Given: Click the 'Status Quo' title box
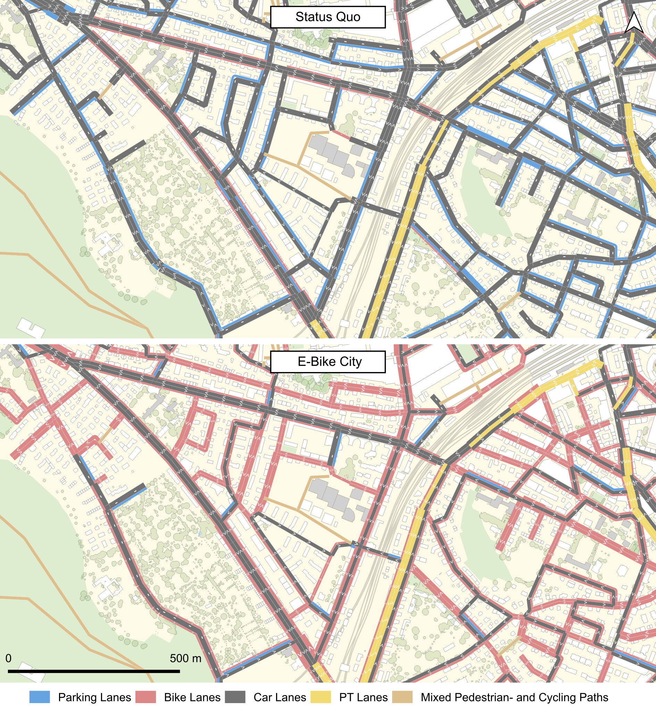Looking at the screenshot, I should (327, 17).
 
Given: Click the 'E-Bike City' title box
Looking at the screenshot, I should (327, 362).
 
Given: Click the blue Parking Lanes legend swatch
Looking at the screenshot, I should (39, 697).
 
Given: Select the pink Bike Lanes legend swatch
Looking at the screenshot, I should (146, 697).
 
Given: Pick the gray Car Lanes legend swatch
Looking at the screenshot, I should (235, 697).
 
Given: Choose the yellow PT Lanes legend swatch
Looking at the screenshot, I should (321, 697).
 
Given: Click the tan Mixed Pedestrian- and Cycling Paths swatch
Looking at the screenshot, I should (402, 697).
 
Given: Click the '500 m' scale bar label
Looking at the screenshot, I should (185, 658).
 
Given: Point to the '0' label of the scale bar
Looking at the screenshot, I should (9, 658).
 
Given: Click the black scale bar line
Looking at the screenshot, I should (94, 671).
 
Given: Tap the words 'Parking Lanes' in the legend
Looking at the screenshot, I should (94, 697).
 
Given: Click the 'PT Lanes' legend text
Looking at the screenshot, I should (363, 697).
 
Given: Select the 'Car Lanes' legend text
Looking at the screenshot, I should (280, 697).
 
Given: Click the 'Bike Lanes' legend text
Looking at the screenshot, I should (192, 697).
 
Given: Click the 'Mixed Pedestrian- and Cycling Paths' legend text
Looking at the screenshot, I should (514, 697).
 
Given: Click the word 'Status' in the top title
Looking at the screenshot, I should (313, 17).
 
